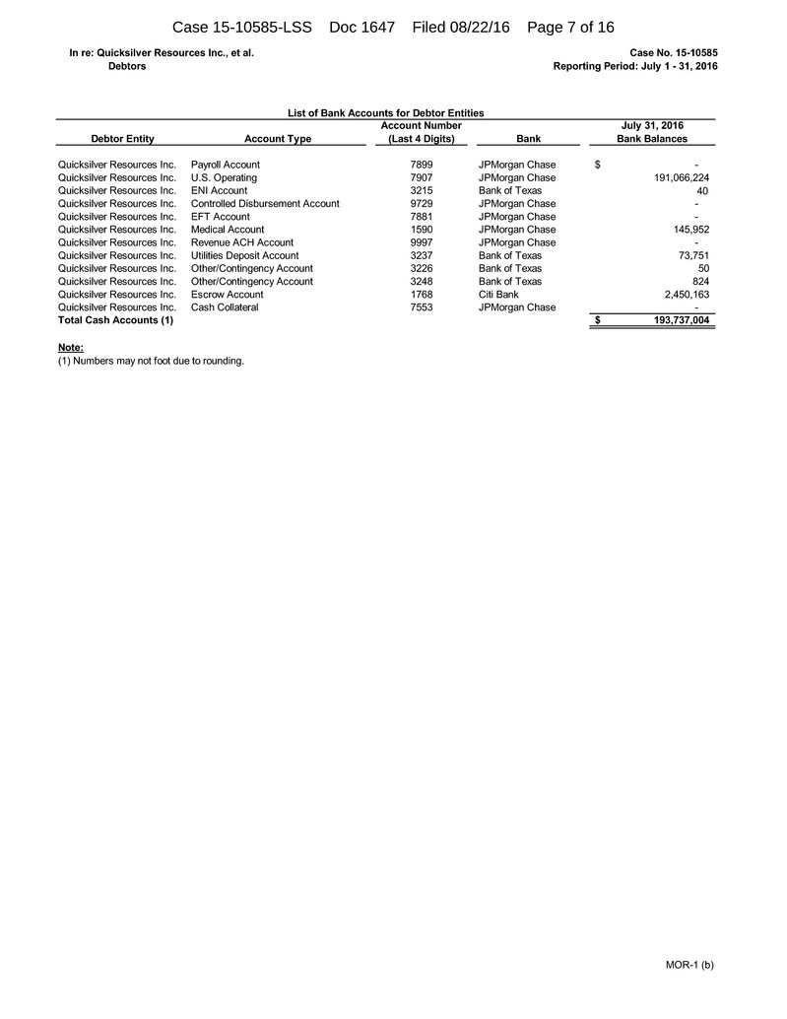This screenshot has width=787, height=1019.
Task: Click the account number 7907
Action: pos(421,177)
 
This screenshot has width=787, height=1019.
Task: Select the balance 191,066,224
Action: pos(674,177)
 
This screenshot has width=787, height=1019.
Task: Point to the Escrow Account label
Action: pos(227,295)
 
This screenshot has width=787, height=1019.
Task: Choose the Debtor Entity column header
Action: pos(122,139)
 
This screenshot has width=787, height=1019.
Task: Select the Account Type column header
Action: pos(277,139)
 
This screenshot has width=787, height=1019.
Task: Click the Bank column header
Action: pos(528,139)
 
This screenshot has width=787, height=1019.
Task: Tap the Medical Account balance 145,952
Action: pos(688,230)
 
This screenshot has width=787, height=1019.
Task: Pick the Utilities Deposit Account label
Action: pos(244,255)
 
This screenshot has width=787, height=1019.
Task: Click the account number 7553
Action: pos(421,307)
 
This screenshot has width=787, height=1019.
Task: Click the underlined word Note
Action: pos(71,348)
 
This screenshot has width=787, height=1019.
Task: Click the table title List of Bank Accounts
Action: pos(385,113)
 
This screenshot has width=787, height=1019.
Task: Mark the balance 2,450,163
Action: pos(681,295)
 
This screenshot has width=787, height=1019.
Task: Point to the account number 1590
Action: pos(421,230)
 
